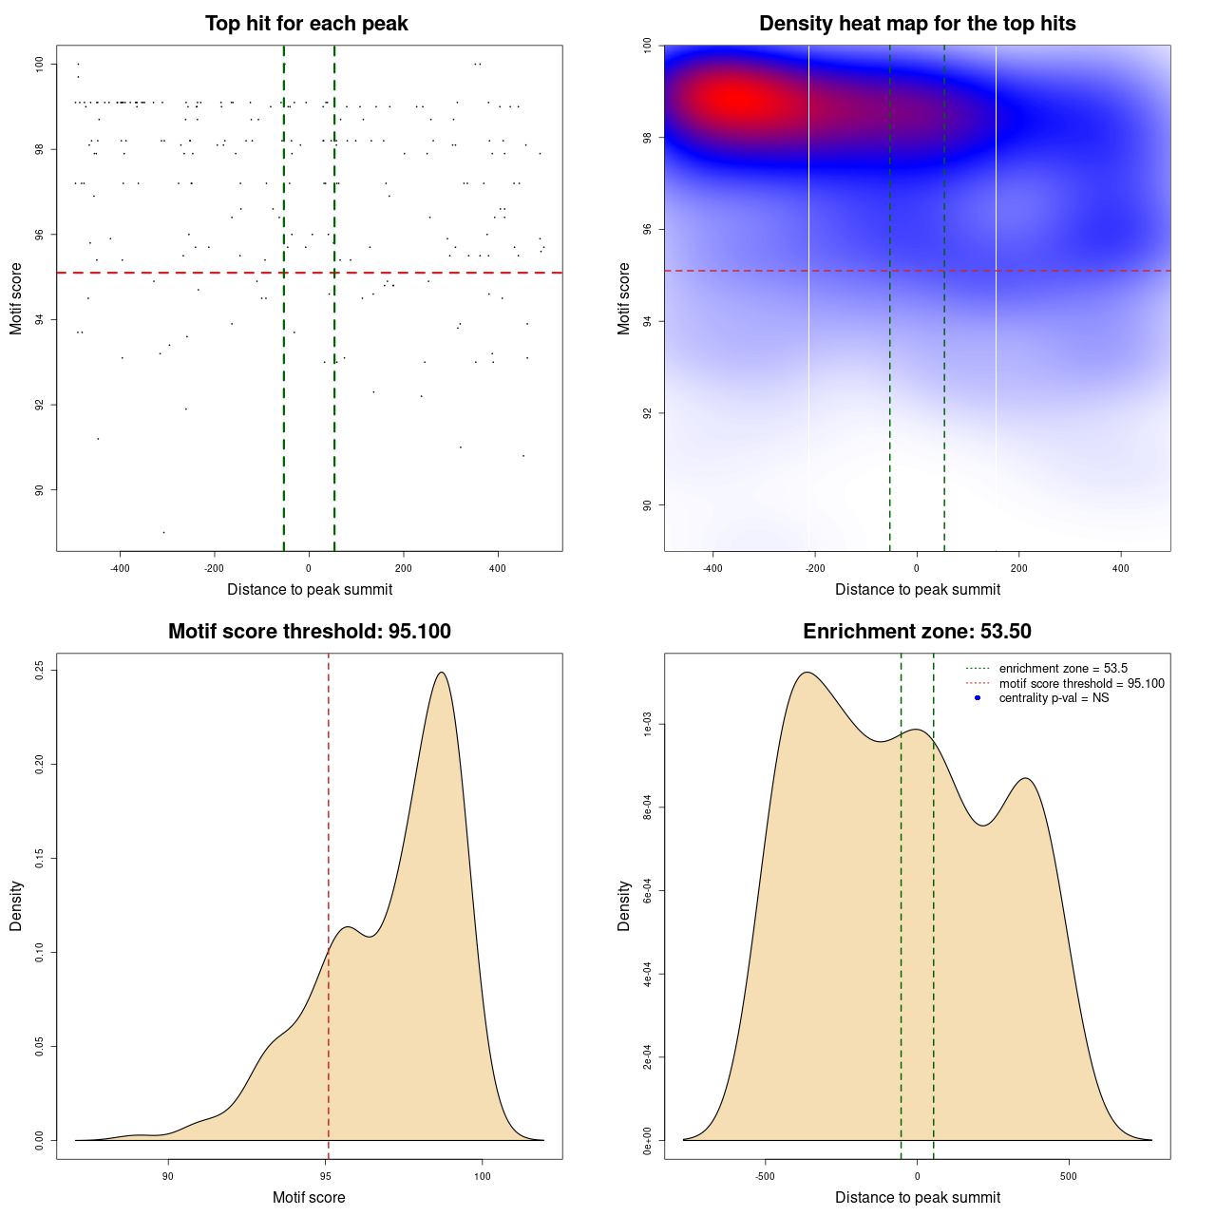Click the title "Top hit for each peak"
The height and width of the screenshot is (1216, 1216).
click(306, 24)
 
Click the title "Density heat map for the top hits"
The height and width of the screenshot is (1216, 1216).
click(917, 24)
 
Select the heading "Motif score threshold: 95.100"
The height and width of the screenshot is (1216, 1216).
click(309, 632)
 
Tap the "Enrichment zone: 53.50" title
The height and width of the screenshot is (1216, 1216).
click(917, 632)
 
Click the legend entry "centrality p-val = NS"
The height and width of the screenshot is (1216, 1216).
click(1054, 698)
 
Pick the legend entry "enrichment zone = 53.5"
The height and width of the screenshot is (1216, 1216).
click(1063, 669)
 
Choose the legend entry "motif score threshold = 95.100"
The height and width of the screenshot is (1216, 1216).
click(1081, 684)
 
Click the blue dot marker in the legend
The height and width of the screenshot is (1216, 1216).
click(978, 698)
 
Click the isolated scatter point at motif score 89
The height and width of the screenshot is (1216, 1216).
click(163, 532)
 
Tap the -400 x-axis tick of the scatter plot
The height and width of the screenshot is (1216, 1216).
click(120, 569)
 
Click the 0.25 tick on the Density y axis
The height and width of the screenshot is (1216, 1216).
click(39, 671)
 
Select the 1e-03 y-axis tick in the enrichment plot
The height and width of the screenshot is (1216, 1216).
click(647, 724)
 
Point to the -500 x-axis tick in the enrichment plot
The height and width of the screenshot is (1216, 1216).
click(765, 1177)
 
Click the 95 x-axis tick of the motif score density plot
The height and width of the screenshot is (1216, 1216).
click(326, 1177)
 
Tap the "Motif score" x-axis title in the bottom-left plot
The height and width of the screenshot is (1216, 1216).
click(309, 1198)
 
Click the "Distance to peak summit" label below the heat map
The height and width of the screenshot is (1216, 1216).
click(917, 590)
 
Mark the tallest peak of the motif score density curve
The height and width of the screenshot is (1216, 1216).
click(441, 673)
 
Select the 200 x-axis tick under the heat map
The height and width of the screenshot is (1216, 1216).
click(1018, 569)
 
